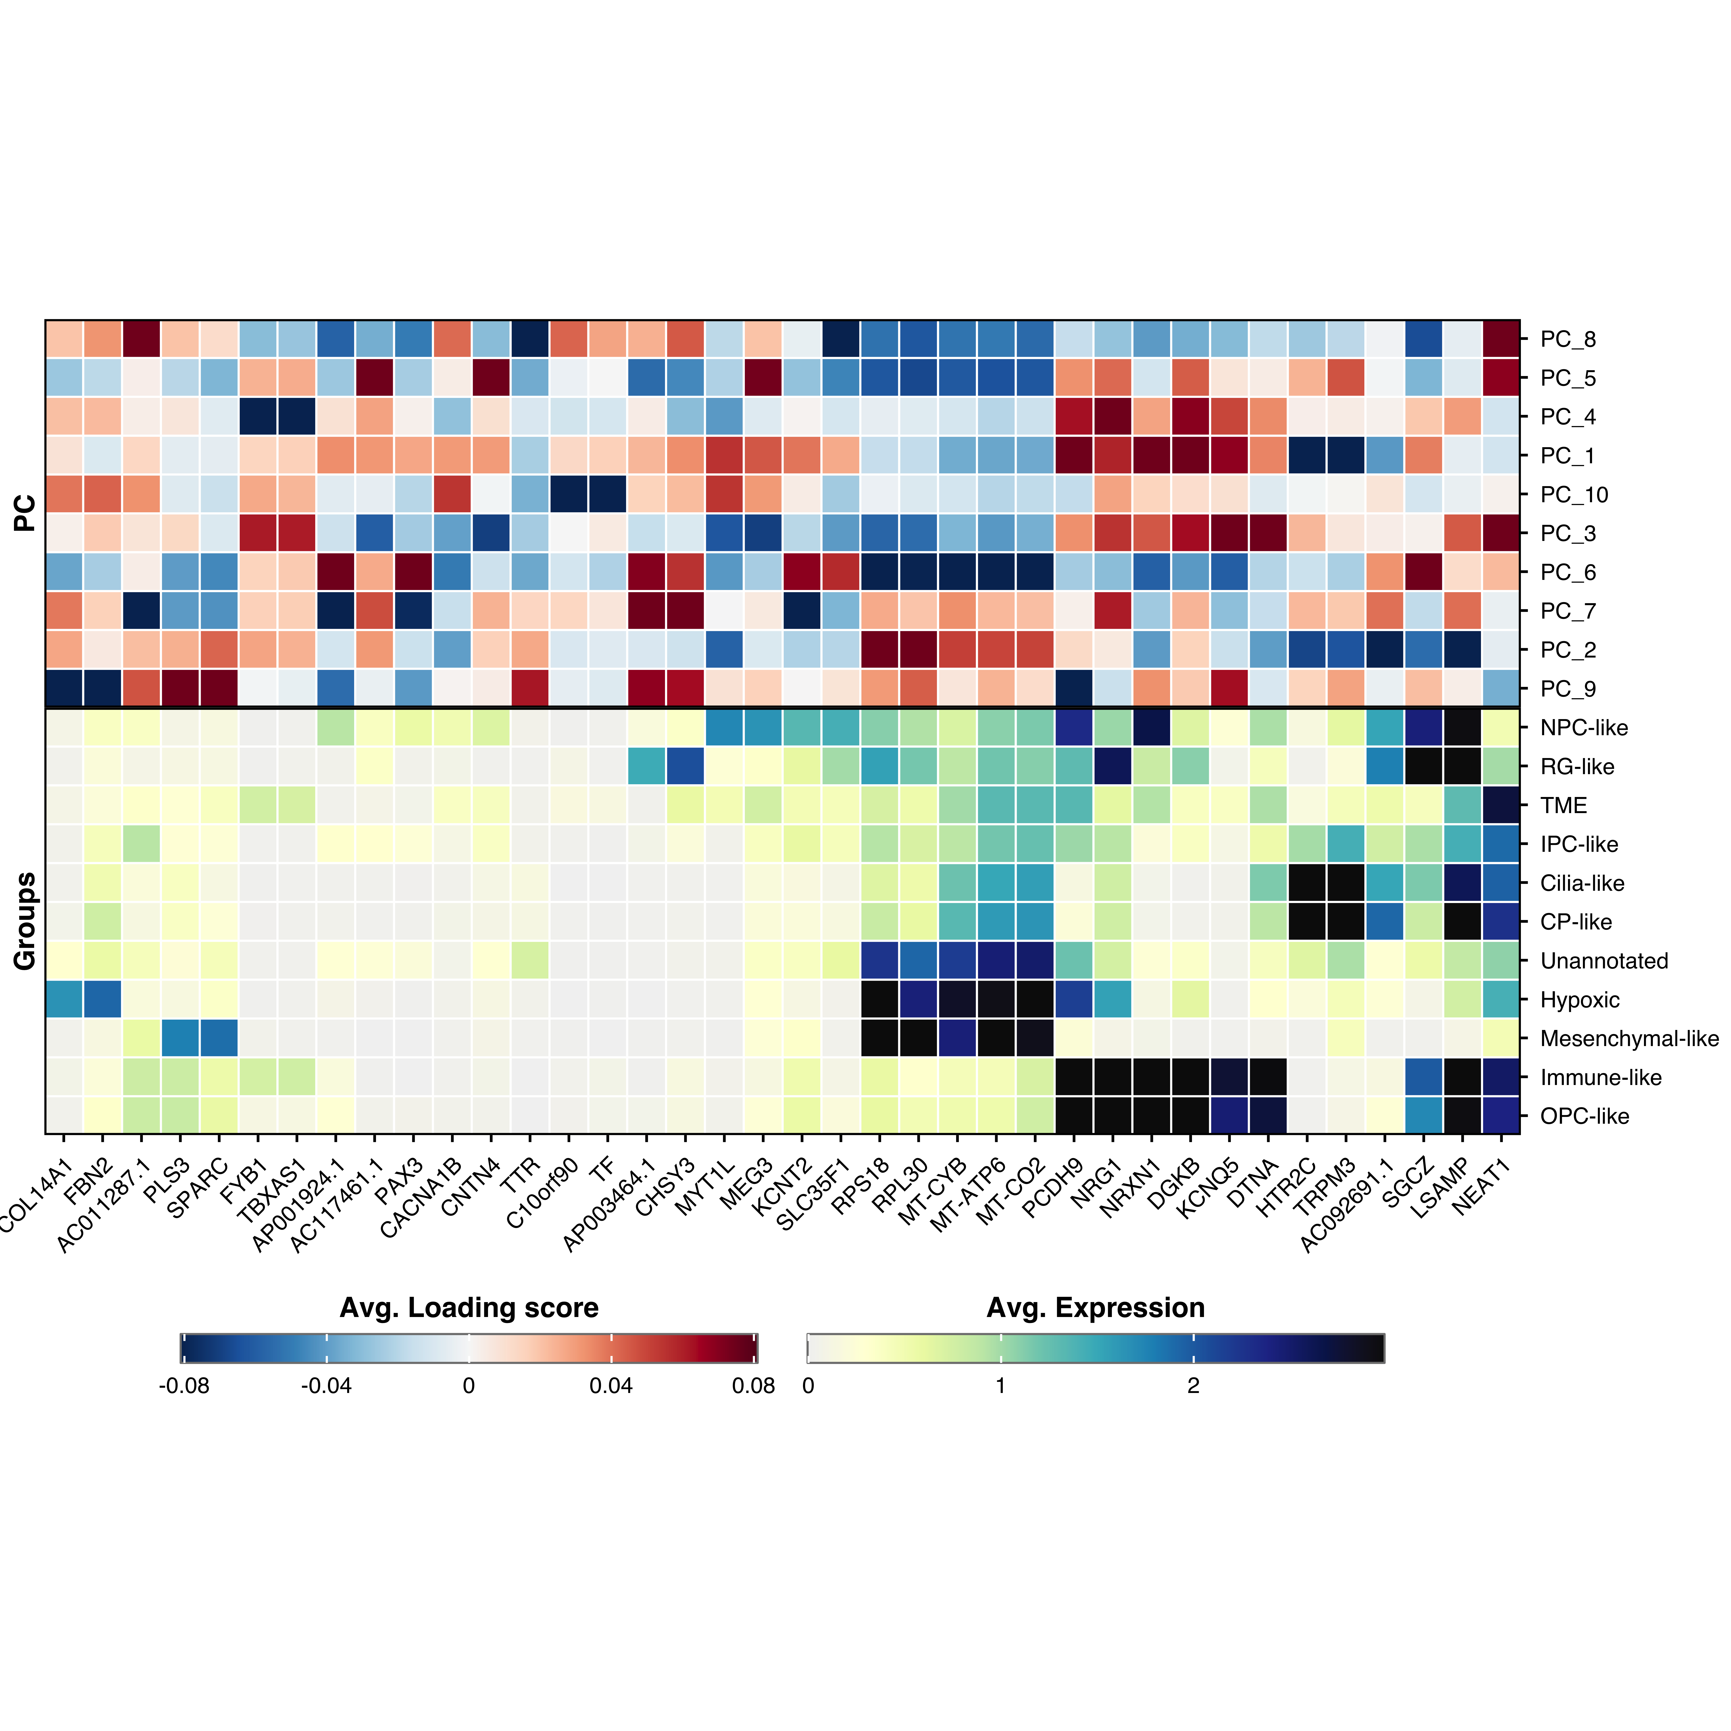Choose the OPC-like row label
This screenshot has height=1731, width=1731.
[1584, 1116]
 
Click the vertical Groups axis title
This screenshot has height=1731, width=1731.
[25, 921]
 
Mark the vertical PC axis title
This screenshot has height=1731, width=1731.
[25, 513]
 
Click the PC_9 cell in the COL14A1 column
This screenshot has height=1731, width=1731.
[64, 688]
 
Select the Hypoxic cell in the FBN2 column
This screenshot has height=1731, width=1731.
[102, 999]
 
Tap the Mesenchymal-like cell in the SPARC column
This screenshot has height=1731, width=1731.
[219, 1038]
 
